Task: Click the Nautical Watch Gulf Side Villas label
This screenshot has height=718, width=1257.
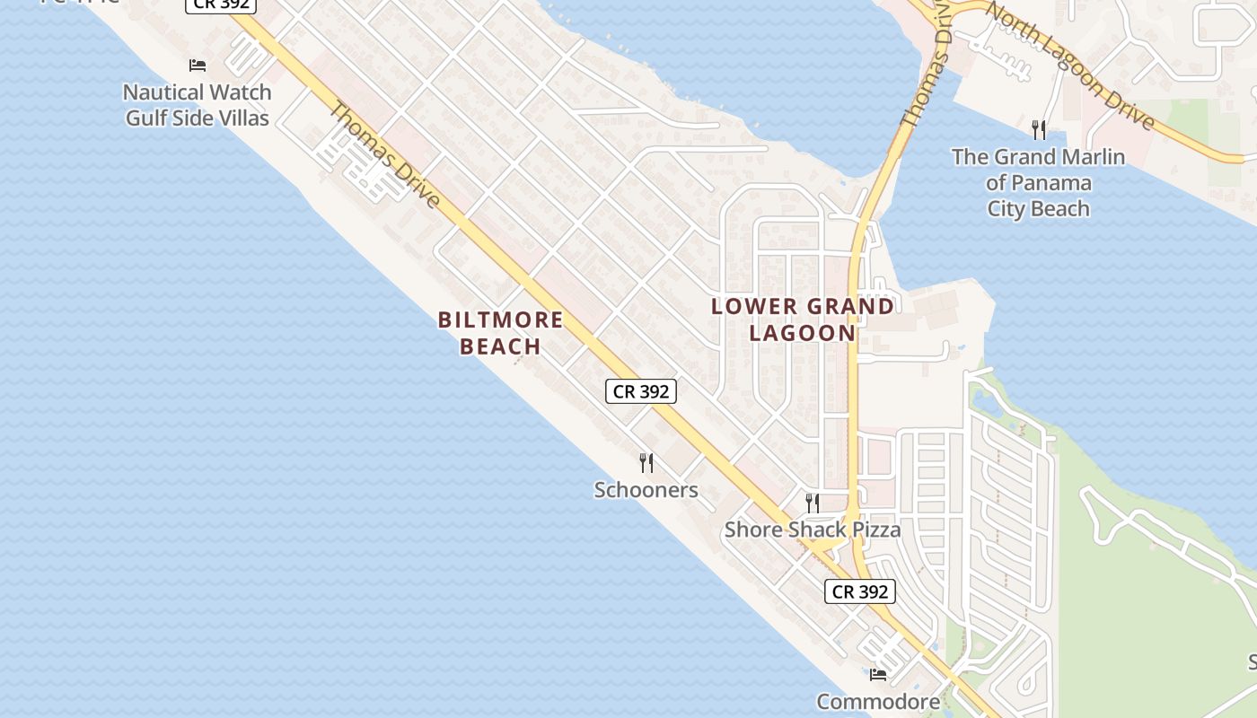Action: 198,104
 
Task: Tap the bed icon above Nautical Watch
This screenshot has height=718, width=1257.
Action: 198,66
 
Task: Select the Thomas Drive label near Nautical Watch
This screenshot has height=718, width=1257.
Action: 385,154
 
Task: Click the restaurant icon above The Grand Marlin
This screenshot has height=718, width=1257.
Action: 1039,130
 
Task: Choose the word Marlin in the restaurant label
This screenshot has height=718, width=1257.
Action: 1089,157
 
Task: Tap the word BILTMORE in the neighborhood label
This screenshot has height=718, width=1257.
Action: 501,320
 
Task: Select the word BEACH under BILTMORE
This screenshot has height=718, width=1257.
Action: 501,346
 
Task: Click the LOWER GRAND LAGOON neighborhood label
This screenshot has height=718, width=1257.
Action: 803,319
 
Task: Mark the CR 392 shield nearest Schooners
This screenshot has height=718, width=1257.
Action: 640,391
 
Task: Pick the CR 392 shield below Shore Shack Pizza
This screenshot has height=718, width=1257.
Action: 859,591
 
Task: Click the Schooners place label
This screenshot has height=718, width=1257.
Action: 646,490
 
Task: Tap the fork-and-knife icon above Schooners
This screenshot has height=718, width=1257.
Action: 646,463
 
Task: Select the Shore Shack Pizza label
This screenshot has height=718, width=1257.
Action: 813,530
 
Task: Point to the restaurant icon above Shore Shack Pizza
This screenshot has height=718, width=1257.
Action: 813,503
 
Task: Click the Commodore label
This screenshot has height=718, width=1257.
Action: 878,701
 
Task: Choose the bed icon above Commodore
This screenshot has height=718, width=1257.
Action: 878,674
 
